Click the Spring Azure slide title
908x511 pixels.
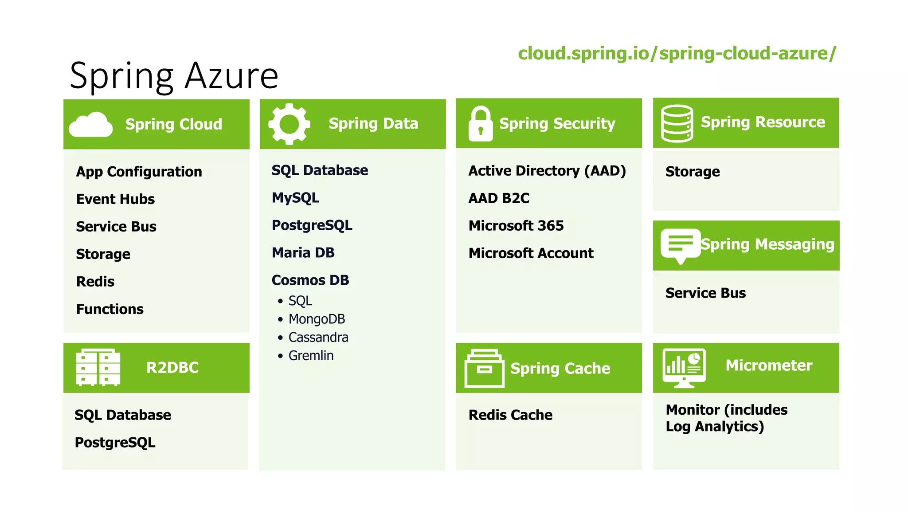[x=174, y=76]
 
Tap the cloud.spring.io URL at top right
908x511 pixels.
[x=677, y=53]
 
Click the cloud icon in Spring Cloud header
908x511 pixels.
[x=91, y=125]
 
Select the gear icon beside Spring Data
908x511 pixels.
[x=289, y=124]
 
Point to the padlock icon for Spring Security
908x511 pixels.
[x=480, y=124]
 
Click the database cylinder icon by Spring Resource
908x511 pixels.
[x=677, y=123]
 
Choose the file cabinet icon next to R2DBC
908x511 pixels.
[x=98, y=367]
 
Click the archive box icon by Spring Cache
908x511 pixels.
[x=484, y=368]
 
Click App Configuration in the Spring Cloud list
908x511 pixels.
[x=139, y=172]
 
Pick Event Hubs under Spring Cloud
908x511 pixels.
[x=115, y=199]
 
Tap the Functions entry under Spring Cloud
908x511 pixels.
[x=110, y=309]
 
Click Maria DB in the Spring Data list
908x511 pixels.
[x=303, y=253]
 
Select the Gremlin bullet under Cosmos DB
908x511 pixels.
[x=310, y=356]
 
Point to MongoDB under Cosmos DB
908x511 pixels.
[x=316, y=319]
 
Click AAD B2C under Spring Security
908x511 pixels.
[x=499, y=198]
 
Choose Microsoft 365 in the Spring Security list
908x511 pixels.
[x=516, y=226]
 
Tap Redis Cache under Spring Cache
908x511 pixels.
[x=510, y=415]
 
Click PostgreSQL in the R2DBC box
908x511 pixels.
[x=115, y=443]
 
